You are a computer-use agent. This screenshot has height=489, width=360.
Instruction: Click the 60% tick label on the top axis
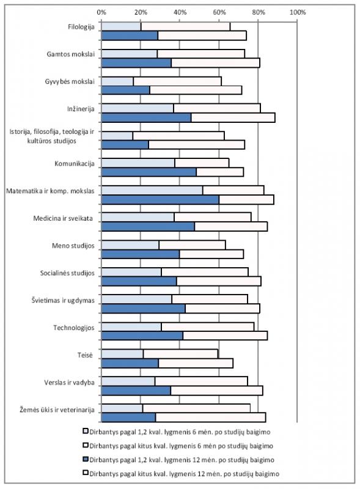(x=219, y=12)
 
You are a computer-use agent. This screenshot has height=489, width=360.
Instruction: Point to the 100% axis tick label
(x=298, y=12)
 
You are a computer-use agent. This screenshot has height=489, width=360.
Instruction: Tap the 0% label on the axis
(x=101, y=12)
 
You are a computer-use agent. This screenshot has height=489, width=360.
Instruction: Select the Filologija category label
(x=81, y=27)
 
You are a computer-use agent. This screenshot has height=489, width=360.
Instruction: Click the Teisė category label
(x=85, y=355)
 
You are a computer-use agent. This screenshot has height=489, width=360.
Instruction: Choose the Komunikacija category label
(x=75, y=164)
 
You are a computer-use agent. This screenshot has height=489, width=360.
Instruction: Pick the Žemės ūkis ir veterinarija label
(x=57, y=410)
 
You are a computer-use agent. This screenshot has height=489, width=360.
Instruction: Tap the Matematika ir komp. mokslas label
(x=50, y=191)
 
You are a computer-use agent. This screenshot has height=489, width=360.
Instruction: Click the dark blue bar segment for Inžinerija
(x=146, y=117)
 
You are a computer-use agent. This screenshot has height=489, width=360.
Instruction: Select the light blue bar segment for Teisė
(x=122, y=354)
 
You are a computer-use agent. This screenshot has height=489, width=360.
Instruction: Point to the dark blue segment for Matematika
(x=160, y=200)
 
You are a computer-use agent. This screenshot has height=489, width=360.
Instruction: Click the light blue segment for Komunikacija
(x=138, y=163)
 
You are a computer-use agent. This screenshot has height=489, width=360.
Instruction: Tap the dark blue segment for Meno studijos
(x=141, y=254)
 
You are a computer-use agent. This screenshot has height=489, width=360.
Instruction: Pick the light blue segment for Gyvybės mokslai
(x=117, y=81)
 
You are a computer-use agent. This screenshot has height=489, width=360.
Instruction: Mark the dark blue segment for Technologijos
(x=142, y=336)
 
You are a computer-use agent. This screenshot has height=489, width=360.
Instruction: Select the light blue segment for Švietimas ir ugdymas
(x=137, y=299)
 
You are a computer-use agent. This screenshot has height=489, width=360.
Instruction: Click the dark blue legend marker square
(x=86, y=460)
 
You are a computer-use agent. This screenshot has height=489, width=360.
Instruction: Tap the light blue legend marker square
(x=86, y=432)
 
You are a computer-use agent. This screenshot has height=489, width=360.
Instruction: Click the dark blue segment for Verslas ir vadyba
(x=136, y=391)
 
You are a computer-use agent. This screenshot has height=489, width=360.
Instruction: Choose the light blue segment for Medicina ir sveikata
(x=138, y=217)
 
